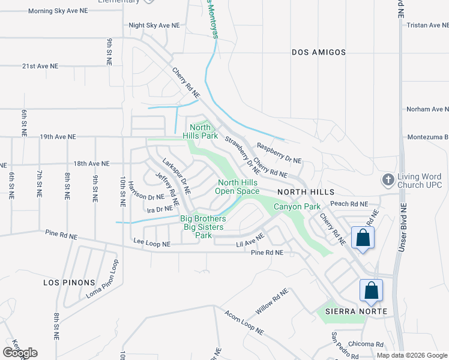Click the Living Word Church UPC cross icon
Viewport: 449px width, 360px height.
click(388, 179)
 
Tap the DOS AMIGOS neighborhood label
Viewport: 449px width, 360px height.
click(319, 52)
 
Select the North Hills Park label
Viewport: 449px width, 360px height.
click(200, 131)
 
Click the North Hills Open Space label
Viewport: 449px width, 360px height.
click(238, 187)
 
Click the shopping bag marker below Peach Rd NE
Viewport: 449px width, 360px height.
click(363, 238)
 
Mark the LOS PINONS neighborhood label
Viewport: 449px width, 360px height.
click(69, 282)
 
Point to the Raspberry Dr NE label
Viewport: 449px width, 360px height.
click(279, 153)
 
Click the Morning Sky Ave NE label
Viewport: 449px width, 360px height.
click(57, 11)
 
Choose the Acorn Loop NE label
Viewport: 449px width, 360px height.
click(244, 322)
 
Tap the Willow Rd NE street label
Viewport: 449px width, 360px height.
click(271, 301)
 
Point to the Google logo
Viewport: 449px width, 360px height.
click(20, 352)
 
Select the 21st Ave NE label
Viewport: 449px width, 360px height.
click(40, 66)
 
